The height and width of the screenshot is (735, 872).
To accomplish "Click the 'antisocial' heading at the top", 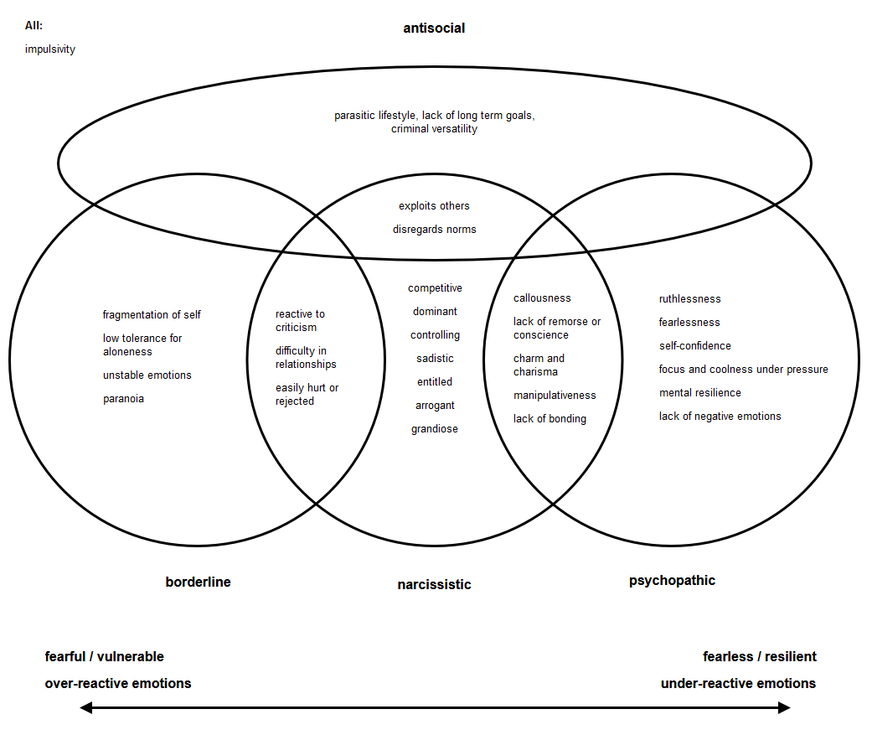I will pos(434,28).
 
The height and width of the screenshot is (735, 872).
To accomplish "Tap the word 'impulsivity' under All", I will pos(50,49).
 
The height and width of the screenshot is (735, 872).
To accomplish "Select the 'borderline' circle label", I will pos(198,582).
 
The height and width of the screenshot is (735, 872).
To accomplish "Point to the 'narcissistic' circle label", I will pos(434,585).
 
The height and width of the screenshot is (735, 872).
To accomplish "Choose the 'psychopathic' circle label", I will pos(672,581).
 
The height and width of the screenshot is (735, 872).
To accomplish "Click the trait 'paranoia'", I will pos(123,399).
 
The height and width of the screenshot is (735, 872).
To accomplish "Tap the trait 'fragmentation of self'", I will pos(152,315).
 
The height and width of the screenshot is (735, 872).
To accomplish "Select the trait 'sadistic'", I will pos(435,359).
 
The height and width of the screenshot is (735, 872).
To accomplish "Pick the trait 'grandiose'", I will pos(434,429).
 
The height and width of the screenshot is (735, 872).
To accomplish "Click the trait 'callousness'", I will pos(542,298).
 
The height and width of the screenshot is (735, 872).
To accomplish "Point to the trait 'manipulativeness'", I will pos(555,396).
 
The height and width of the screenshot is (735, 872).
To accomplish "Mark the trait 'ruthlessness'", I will pos(689,299).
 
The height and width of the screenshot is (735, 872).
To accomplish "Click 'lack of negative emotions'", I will pos(720,417).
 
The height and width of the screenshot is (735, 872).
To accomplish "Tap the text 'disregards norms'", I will pos(434,230).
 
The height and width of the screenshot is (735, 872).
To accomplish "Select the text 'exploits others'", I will pos(434,206).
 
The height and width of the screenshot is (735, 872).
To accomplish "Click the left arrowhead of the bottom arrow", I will pos(85,708).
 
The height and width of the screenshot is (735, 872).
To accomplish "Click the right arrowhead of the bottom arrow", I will pos(784,708).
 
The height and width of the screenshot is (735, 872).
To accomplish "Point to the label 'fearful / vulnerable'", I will pos(105,657).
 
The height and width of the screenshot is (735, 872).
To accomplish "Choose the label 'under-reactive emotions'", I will pos(738,684).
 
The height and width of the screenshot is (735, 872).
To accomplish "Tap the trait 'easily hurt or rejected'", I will pos(307,395).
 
